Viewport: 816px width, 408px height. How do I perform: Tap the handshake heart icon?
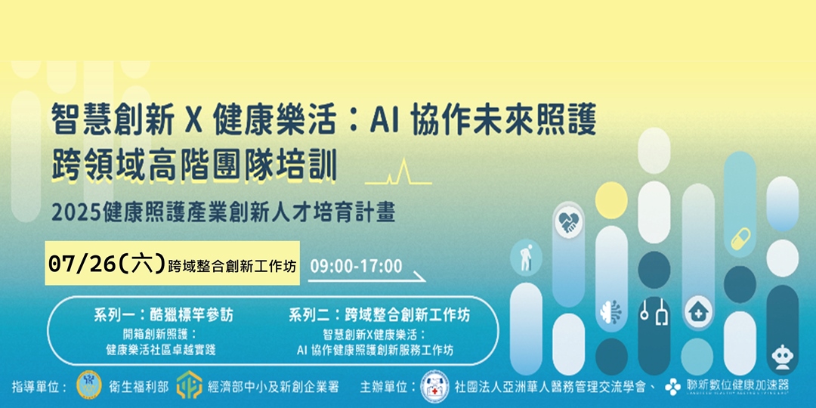coord(568,221)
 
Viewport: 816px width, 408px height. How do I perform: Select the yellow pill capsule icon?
coord(739,238)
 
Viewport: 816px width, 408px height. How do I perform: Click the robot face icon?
coord(782,355)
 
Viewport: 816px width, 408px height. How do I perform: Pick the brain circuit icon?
coord(610,311)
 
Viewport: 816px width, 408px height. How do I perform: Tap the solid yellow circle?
coord(610,199)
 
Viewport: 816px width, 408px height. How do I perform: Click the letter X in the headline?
coord(190,119)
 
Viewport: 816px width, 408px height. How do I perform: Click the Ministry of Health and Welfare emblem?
coord(89,385)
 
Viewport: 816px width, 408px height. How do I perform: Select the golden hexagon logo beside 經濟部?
coord(189,385)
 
